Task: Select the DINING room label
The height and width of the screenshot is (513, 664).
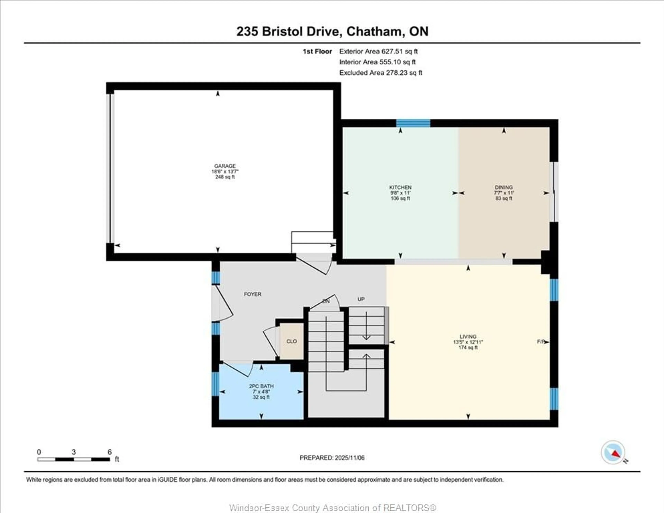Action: (504, 187)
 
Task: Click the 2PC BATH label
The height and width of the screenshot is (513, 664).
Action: (261, 386)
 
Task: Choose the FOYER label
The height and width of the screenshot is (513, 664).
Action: (252, 294)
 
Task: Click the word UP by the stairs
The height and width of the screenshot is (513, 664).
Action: (361, 299)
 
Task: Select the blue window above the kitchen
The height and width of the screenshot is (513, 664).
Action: (413, 123)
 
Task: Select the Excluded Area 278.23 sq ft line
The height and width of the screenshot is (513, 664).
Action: (381, 73)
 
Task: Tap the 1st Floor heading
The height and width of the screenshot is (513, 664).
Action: (317, 51)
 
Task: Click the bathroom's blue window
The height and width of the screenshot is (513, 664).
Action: (215, 384)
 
